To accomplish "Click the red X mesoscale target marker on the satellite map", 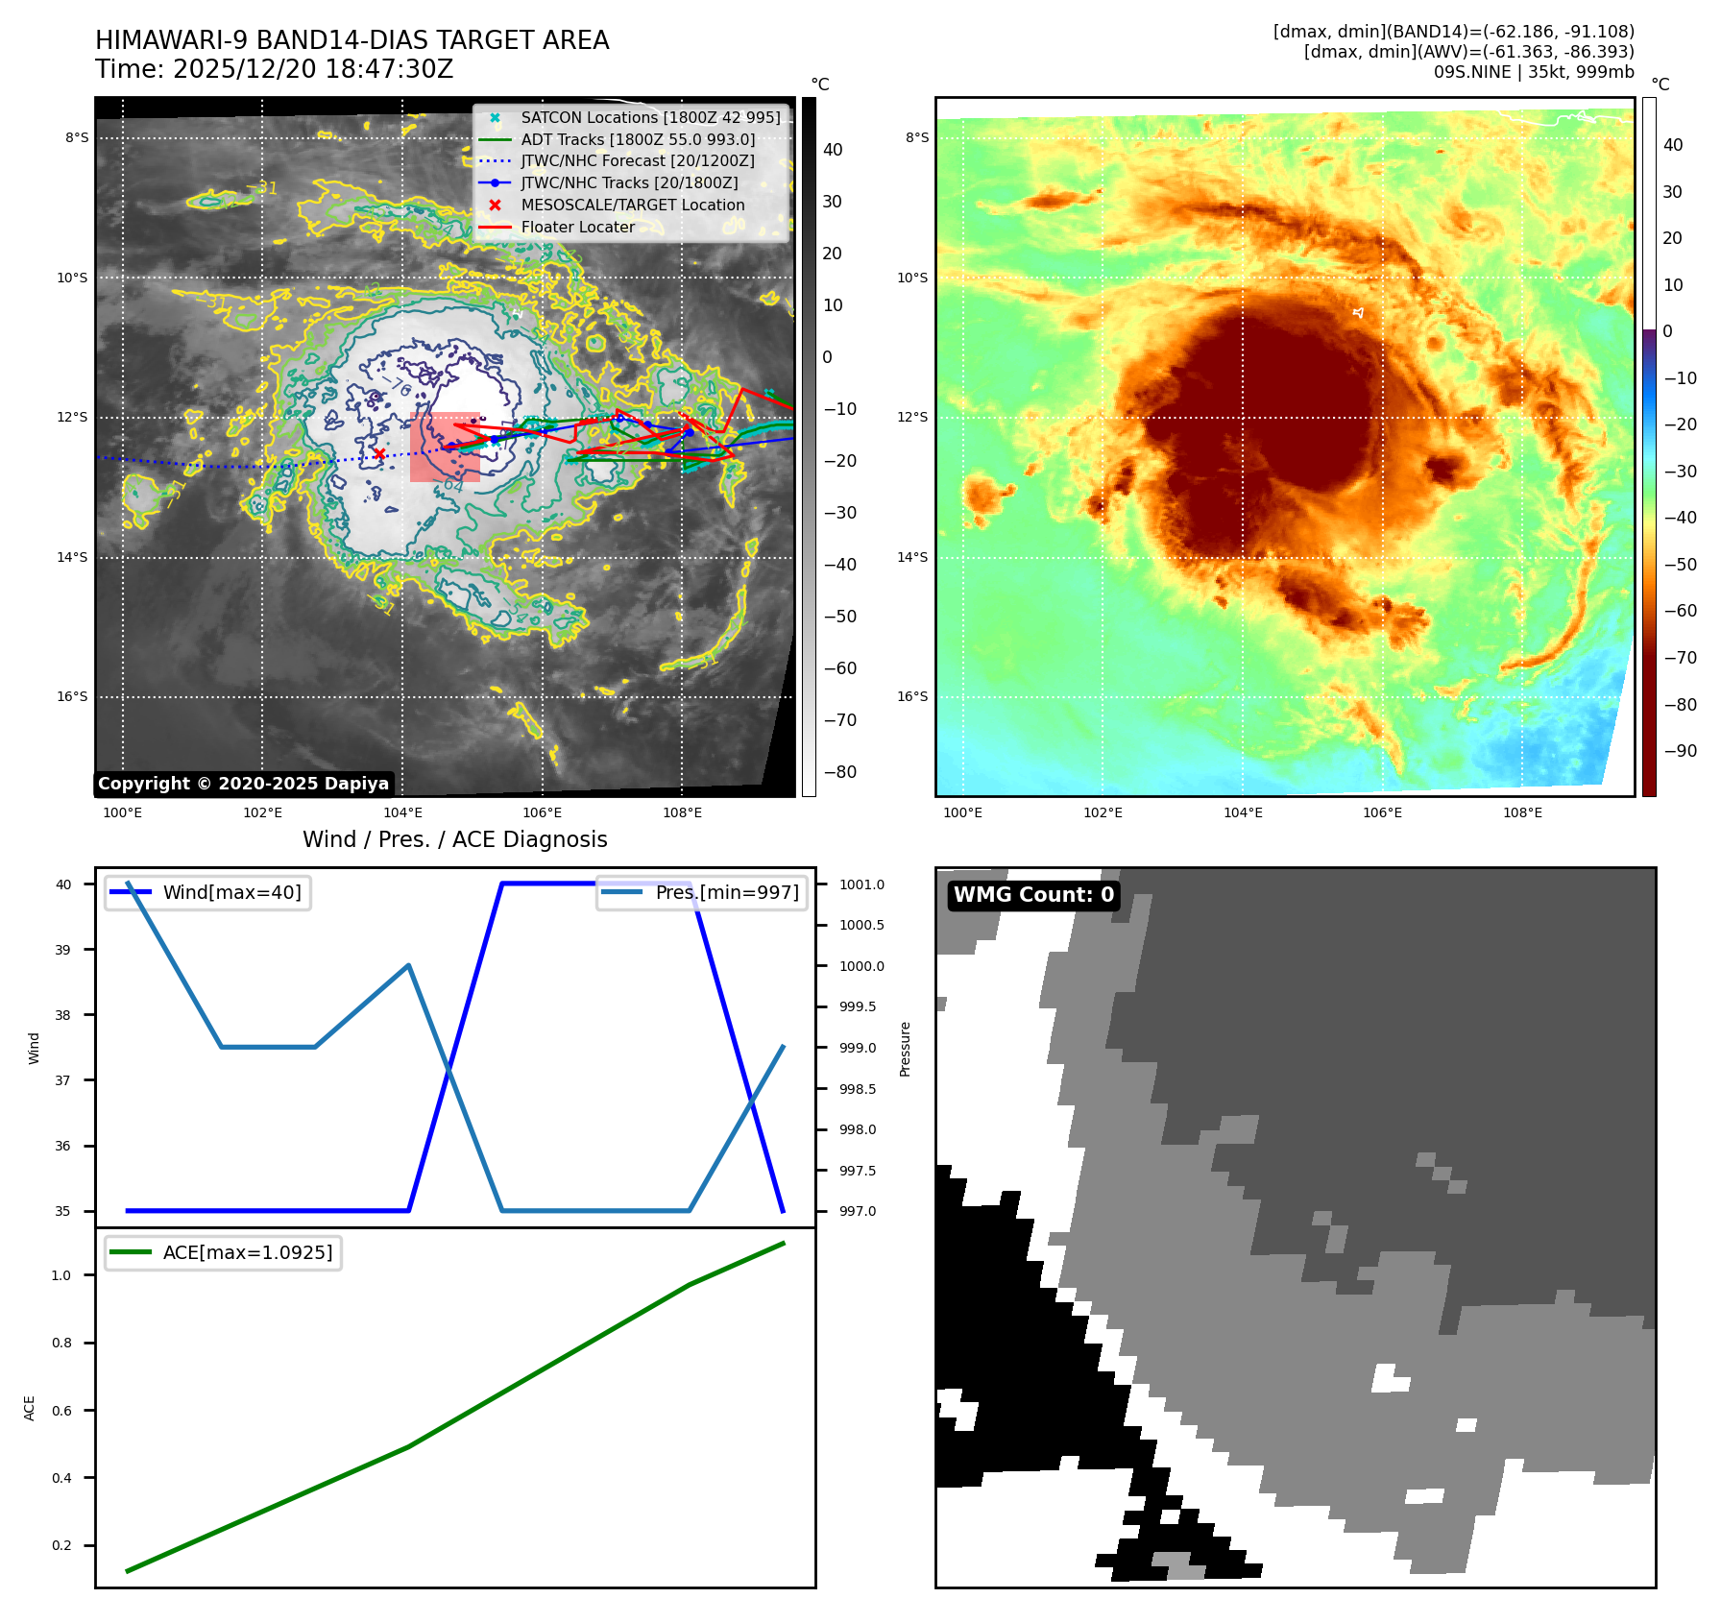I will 379,453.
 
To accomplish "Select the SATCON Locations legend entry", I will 650,117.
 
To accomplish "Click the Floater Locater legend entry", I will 577,227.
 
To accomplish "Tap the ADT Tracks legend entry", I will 638,139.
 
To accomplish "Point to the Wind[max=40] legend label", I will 231,892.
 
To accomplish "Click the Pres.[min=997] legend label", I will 727,892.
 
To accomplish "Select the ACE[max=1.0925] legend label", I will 248,1252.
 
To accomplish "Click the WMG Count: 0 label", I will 1033,895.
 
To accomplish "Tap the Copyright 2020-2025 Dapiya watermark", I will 243,784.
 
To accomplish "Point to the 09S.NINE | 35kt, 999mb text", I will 1534,72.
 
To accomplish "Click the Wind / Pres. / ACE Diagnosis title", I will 455,839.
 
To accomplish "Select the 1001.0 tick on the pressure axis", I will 861,884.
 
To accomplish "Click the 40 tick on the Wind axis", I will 63,884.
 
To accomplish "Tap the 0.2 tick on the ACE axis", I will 61,1545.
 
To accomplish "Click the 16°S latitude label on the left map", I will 72,696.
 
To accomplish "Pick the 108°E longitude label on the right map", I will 1522,812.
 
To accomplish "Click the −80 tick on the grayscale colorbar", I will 839,772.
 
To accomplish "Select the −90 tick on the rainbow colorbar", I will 1680,751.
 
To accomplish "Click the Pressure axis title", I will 905,1049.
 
